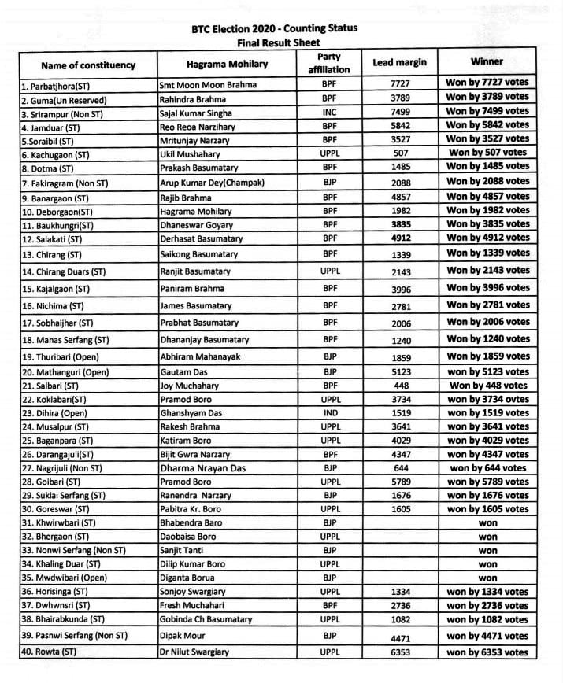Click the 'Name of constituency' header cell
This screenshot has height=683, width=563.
pyautogui.click(x=88, y=65)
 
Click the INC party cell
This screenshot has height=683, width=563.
pyautogui.click(x=329, y=112)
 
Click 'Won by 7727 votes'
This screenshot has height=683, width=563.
pyautogui.click(x=487, y=83)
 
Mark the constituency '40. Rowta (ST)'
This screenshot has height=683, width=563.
pyautogui.click(x=50, y=652)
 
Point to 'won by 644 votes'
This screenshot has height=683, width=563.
pyautogui.click(x=487, y=468)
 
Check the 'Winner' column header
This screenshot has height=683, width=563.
pyautogui.click(x=487, y=61)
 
